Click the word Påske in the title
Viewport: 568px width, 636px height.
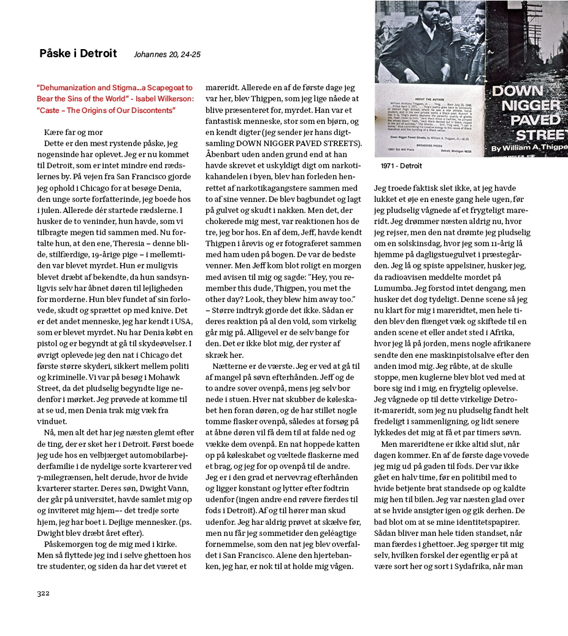point(53,53)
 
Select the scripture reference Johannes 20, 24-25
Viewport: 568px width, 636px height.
point(167,55)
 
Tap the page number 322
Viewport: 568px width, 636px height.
point(43,593)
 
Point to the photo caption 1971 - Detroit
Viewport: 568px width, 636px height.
point(401,166)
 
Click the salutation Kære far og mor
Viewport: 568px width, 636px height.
point(74,133)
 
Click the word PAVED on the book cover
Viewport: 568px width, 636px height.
point(515,117)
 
